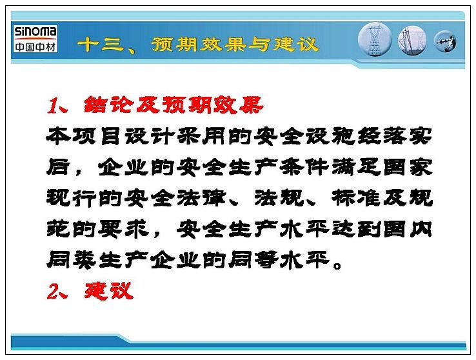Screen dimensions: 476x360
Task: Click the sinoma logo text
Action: [35, 31]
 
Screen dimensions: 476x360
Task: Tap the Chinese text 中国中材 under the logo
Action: [35, 46]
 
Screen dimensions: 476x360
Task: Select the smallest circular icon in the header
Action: [445, 41]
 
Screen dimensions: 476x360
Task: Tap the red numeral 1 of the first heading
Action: [53, 106]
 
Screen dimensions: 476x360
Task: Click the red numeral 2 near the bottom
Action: [53, 291]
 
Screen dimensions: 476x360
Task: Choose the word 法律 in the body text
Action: [201, 198]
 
